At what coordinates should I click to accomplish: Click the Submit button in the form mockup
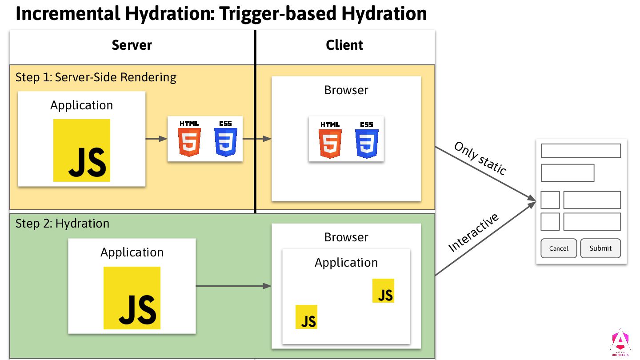coord(600,248)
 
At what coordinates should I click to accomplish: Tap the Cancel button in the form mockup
coord(559,248)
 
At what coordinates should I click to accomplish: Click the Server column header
coord(132,45)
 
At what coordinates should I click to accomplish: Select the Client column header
coord(344,45)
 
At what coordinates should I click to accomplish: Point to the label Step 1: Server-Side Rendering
coord(96,77)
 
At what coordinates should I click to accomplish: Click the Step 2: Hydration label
coord(62,223)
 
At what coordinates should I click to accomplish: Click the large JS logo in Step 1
coord(82,150)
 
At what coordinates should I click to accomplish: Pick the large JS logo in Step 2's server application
coord(132,297)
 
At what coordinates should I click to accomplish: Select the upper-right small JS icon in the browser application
coord(383,291)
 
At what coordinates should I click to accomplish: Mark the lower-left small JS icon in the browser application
coord(306,317)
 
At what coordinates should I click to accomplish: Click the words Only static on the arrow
coord(480,158)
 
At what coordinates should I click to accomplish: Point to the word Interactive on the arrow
coord(474,232)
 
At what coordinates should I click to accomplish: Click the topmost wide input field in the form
coord(580,151)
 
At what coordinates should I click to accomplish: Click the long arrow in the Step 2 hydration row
coord(233,286)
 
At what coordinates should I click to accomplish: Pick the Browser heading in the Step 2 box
coord(346,237)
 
